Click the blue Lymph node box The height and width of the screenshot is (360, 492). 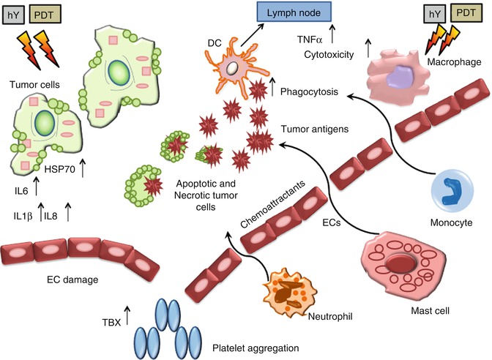pos(294,13)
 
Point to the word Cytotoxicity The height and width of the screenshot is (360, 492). pos(328,53)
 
